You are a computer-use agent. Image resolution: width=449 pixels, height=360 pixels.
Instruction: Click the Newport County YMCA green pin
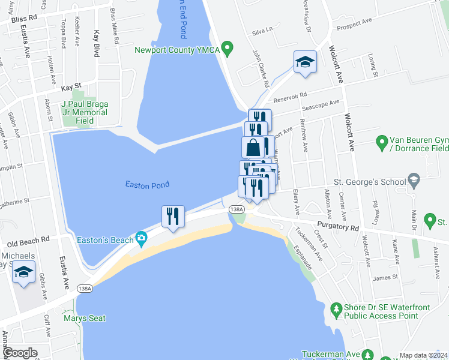(x=227, y=47)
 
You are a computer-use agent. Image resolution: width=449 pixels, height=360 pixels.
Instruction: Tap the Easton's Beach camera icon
(x=141, y=239)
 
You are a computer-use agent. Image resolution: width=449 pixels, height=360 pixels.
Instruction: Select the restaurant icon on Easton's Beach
(x=173, y=217)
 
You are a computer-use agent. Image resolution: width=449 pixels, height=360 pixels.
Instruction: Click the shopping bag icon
(x=253, y=147)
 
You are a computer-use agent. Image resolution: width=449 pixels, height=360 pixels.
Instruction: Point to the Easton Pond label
(x=147, y=185)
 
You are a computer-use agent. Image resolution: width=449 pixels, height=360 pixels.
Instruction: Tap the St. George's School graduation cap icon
(x=413, y=179)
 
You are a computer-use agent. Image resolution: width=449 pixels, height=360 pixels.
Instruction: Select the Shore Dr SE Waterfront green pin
(x=336, y=309)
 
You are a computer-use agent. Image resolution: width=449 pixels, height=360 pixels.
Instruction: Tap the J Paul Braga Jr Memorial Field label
(x=83, y=112)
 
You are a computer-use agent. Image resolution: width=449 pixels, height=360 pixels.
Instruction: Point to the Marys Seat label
(x=85, y=318)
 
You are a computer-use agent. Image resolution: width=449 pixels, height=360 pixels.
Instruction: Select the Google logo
(x=20, y=353)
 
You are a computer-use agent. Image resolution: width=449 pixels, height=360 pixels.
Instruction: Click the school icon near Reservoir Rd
(x=305, y=62)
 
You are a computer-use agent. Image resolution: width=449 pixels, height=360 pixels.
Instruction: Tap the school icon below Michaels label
(x=24, y=273)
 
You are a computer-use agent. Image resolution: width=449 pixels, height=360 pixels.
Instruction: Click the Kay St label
(x=71, y=88)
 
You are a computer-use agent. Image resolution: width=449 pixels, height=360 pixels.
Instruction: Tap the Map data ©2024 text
(x=423, y=355)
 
